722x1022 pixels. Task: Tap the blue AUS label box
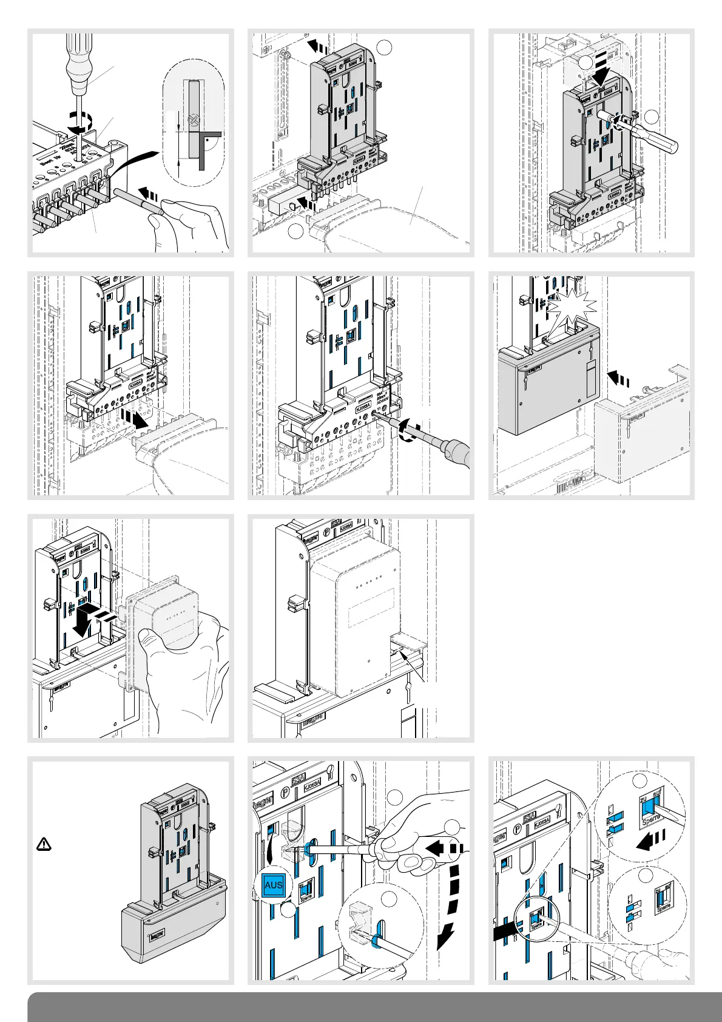pos(273,885)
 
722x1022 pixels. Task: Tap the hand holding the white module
pos(182,668)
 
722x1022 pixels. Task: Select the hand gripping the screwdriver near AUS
pos(413,825)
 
